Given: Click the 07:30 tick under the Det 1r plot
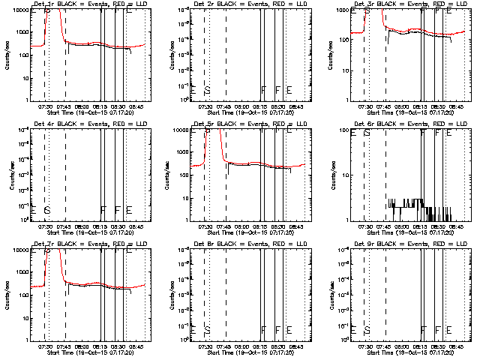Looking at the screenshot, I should click(x=44, y=107).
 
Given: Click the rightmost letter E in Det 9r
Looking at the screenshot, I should click(x=448, y=330).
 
